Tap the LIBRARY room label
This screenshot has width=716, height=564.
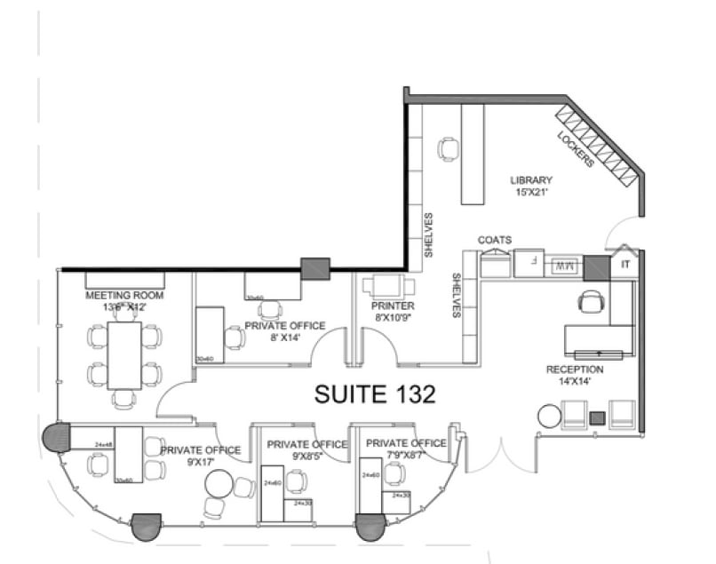coord(531,180)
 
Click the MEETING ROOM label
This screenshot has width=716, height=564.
coord(124,295)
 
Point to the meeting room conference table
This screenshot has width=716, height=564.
coord(124,354)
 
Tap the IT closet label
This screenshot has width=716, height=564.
coord(625,264)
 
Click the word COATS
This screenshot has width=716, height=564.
coord(495,241)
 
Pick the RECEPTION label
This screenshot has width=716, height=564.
coord(576,369)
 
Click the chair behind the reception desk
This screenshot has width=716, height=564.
coord(590,302)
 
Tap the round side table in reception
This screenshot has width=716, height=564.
coord(550,415)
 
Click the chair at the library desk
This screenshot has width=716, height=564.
coord(449,148)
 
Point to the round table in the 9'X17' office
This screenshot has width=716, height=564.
coord(218,484)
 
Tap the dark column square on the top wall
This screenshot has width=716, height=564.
coord(315,269)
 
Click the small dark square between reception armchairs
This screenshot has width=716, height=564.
coord(598,417)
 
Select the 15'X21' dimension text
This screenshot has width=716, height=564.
coord(531,193)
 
